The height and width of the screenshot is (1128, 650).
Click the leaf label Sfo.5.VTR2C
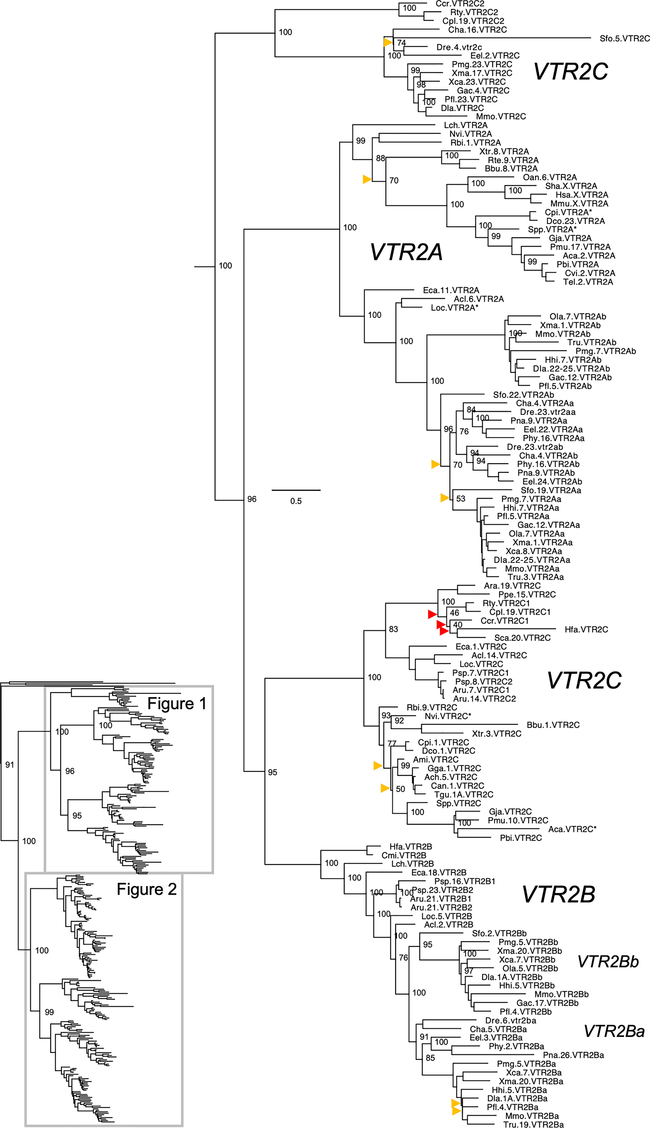click(624, 38)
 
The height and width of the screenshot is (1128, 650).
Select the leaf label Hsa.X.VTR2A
click(581, 195)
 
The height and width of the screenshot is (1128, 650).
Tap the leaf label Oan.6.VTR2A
click(550, 178)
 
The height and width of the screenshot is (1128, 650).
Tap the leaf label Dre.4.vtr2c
click(459, 47)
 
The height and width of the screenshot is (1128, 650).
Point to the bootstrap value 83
click(393, 629)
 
